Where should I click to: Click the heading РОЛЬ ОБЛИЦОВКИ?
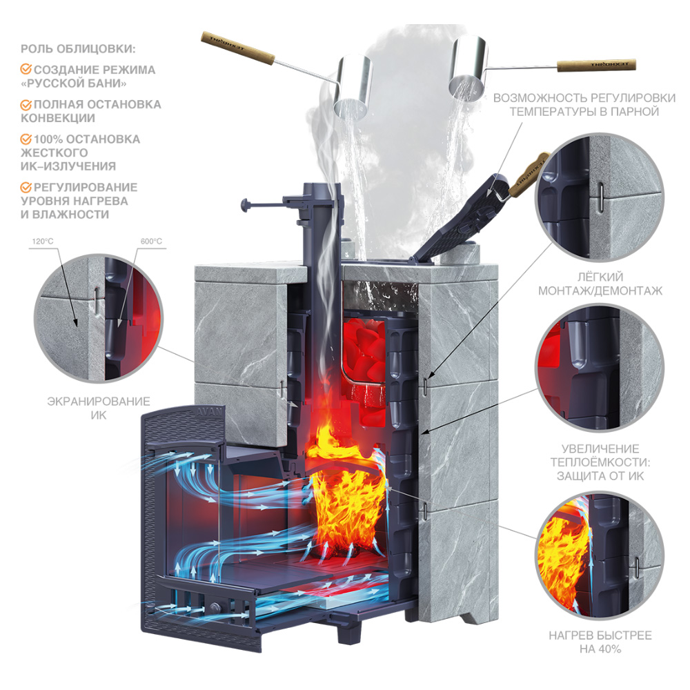coord(78,48)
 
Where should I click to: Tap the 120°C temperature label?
coord(43,241)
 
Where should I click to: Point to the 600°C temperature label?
coord(151,241)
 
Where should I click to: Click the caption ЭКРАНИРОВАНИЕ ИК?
coord(99,408)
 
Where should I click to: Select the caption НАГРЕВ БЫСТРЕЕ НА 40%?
coord(600,642)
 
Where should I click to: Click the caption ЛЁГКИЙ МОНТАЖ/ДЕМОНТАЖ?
coord(600,284)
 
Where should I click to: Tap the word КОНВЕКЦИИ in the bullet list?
coord(58,118)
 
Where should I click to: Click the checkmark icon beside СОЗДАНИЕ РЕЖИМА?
coord(26,70)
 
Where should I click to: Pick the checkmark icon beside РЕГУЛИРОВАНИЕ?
coord(26,188)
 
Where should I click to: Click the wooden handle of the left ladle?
coord(238,48)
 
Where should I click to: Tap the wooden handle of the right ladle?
coord(596,66)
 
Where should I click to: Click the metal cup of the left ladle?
coord(353,87)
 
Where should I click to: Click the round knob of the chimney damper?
coord(245,205)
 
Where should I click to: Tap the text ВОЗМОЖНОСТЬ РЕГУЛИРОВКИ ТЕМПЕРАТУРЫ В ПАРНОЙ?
coord(584,105)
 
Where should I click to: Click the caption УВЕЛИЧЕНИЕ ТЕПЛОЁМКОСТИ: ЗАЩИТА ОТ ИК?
coord(600,462)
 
